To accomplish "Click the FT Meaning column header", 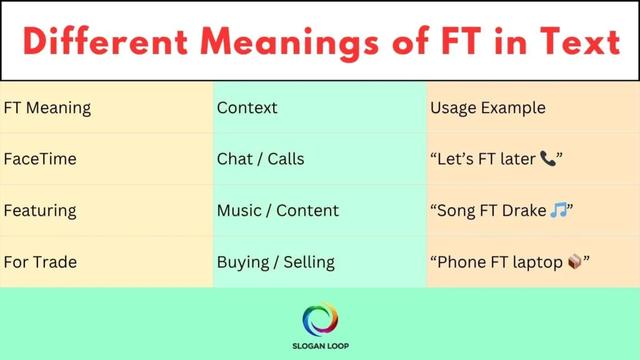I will [x=47, y=107].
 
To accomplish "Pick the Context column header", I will [x=247, y=107].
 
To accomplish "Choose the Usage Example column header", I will [x=487, y=107].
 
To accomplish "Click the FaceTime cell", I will [x=40, y=159].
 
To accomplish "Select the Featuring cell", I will [x=40, y=211].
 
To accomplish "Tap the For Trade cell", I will [x=40, y=262].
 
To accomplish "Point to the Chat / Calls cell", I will [x=261, y=159].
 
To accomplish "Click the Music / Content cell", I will [x=278, y=211].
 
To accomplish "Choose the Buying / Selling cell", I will [x=276, y=262].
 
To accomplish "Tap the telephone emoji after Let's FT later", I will [x=547, y=159].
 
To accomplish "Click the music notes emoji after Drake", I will [x=558, y=211].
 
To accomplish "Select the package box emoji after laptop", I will [x=574, y=262].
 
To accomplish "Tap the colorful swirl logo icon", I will [x=320, y=319].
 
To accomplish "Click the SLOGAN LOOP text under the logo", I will [x=320, y=346].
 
